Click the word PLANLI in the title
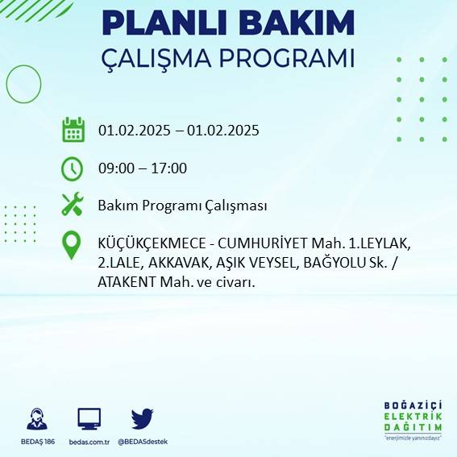click(x=166, y=23)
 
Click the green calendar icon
click(x=73, y=130)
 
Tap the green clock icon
click(x=73, y=168)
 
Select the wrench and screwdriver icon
click(x=73, y=205)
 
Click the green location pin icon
click(x=73, y=245)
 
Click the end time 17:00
click(x=170, y=168)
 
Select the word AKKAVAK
click(x=169, y=263)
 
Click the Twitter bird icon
click(x=143, y=418)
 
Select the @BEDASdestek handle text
click(x=143, y=442)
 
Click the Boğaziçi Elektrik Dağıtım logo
click(x=413, y=422)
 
